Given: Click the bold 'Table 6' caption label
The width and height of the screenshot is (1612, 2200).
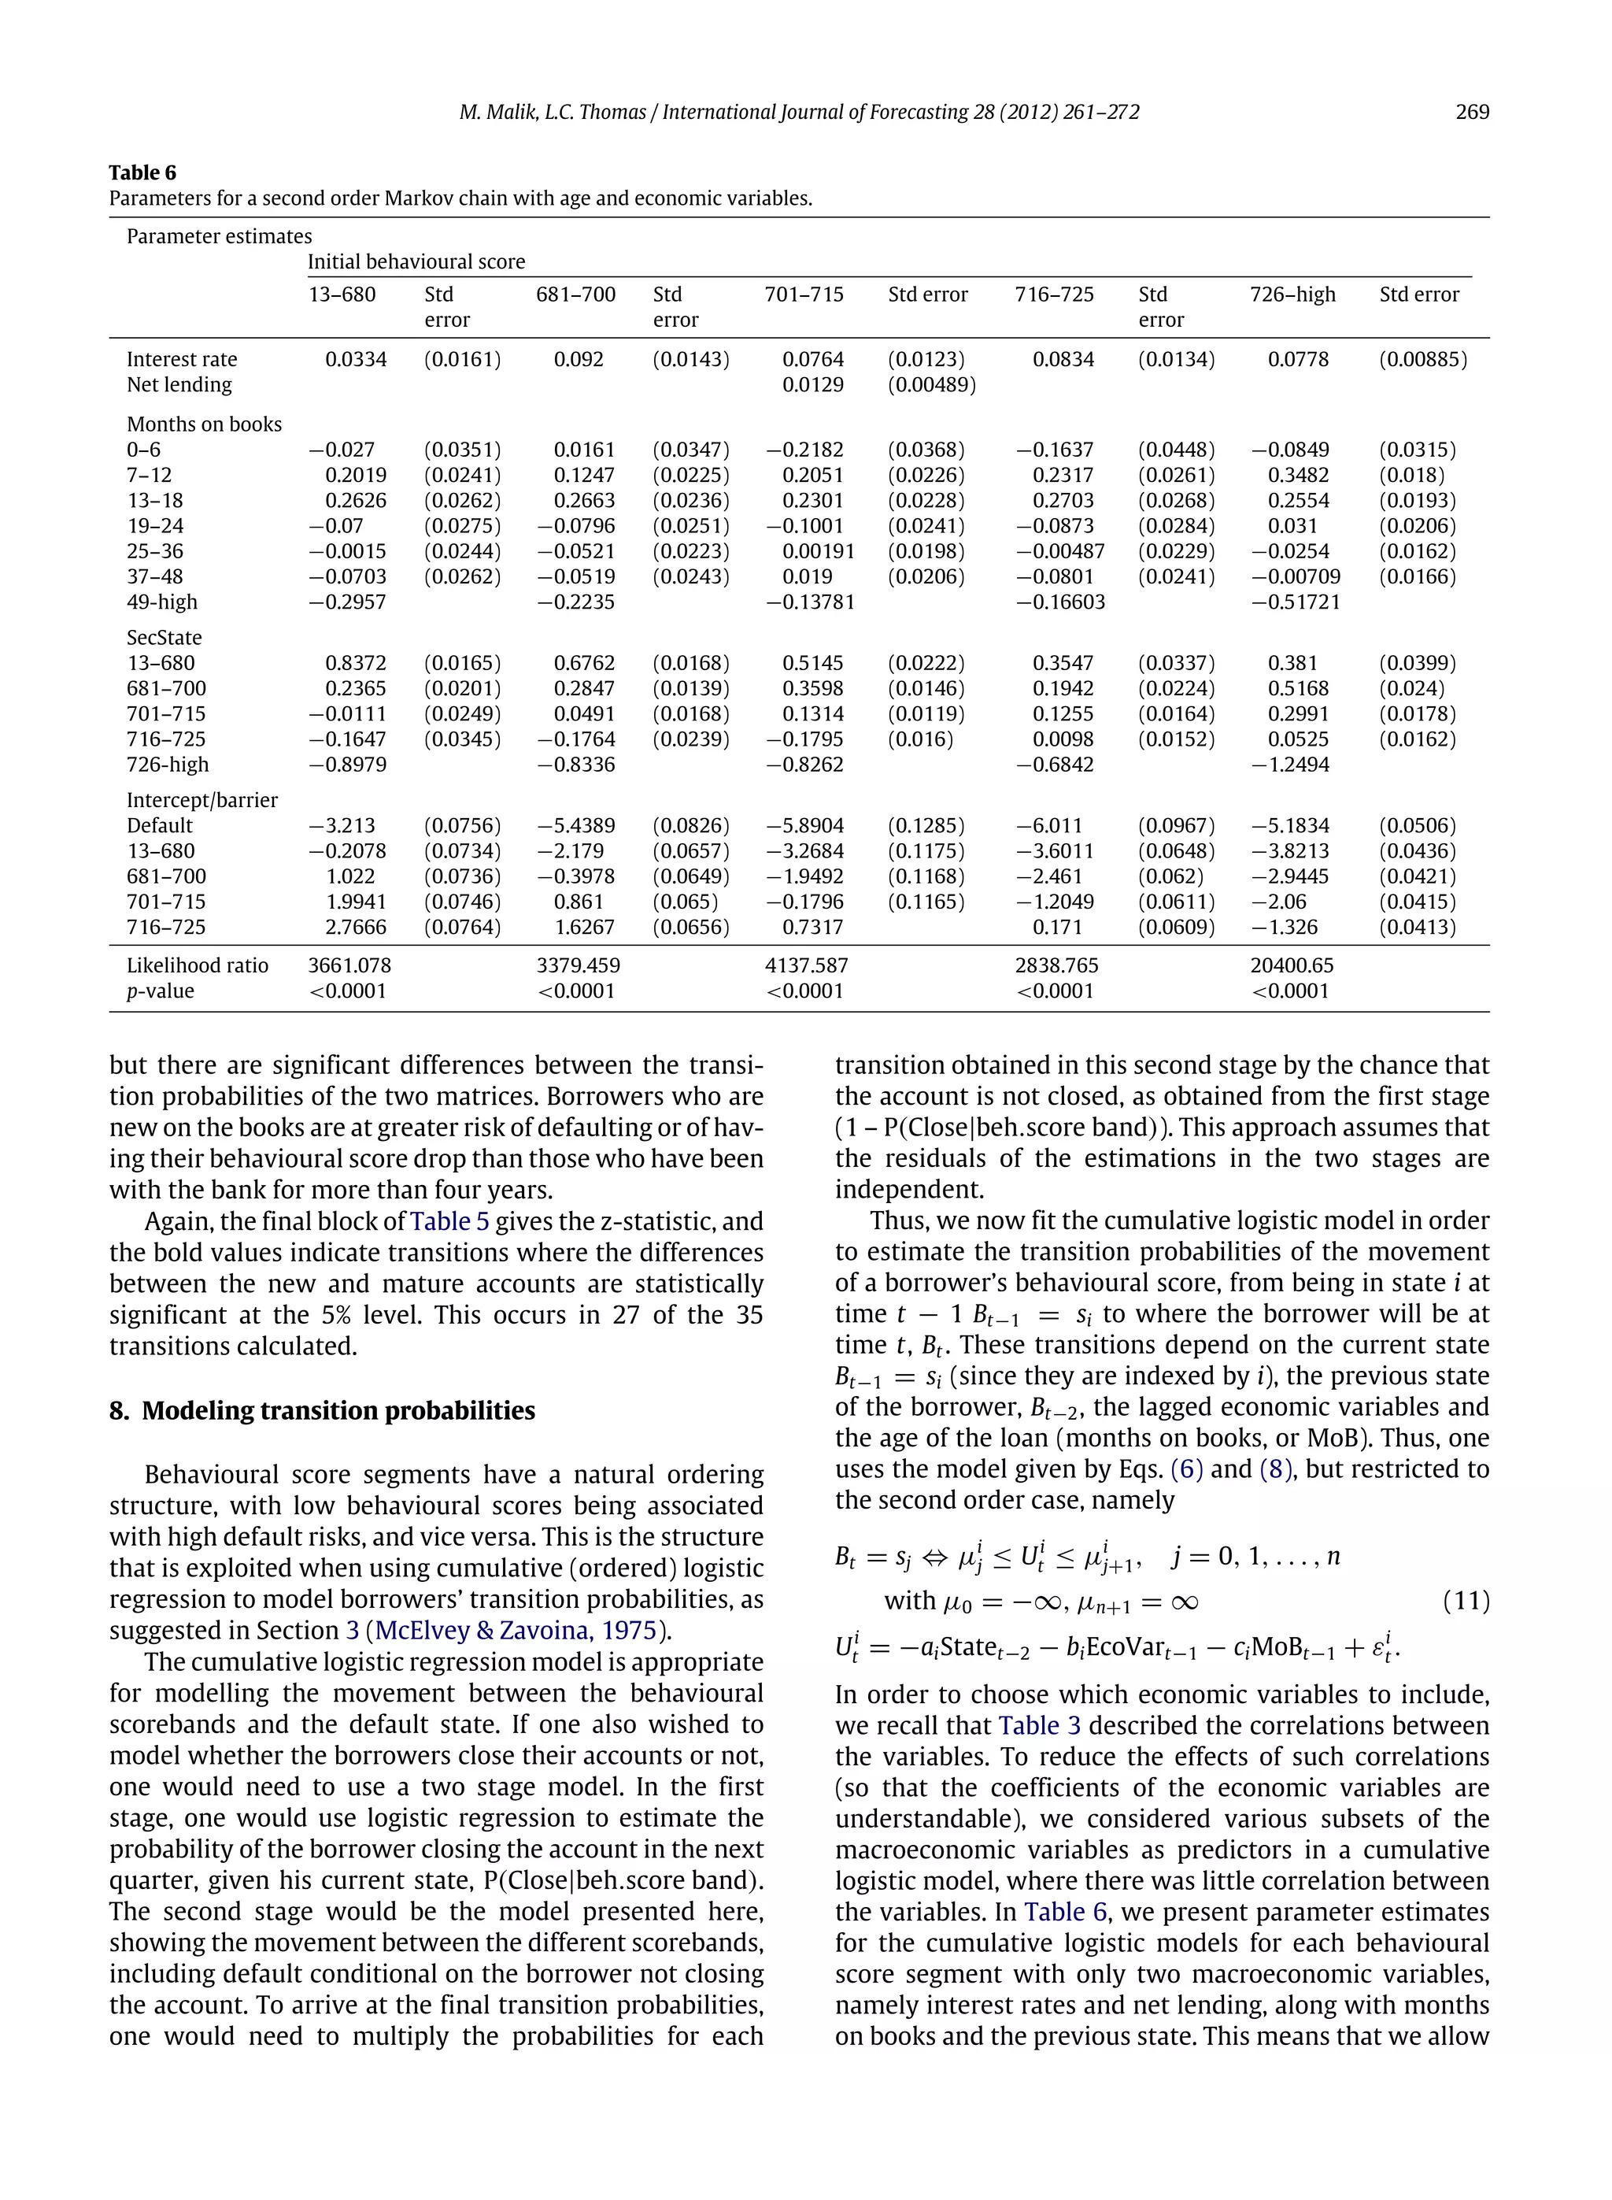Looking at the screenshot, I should (x=142, y=172).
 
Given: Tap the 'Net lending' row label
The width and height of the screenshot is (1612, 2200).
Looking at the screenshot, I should (x=179, y=386).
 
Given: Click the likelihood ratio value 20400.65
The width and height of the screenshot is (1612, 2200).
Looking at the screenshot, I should (x=1292, y=966).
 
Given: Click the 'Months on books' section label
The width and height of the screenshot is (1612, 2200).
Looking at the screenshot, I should (x=204, y=424).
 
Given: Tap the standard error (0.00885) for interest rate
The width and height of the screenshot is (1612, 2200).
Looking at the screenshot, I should (x=1422, y=360).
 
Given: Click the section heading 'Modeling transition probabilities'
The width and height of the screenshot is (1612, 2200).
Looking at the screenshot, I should (x=338, y=1411).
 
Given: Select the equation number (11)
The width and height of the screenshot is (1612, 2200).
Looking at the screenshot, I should (x=1466, y=1601).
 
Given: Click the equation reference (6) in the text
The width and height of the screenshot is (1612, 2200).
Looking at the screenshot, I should (x=1185, y=1469).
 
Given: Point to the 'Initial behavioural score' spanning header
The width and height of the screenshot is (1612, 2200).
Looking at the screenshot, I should (x=416, y=262).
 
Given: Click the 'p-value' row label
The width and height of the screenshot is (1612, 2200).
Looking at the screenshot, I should (x=161, y=991).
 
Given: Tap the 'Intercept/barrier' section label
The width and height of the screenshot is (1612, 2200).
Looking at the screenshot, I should (x=202, y=800).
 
